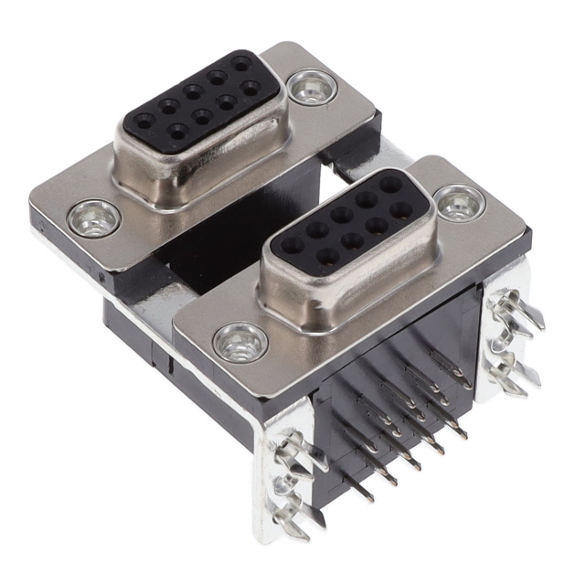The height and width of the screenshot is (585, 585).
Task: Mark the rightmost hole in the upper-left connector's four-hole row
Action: (248, 90)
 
